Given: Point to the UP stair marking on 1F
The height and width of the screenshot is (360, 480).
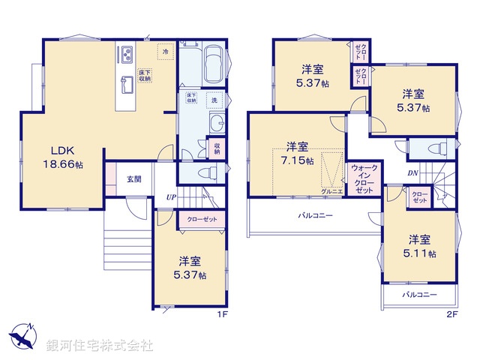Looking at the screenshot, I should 172,197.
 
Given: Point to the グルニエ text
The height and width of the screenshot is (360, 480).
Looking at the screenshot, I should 331,192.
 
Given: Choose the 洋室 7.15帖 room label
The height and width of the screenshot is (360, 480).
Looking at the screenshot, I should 297,154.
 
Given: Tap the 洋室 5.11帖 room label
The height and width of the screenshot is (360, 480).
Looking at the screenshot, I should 420,246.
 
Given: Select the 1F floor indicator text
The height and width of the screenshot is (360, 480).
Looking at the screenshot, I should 221,314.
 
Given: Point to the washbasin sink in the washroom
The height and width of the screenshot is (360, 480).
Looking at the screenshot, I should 217,124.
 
